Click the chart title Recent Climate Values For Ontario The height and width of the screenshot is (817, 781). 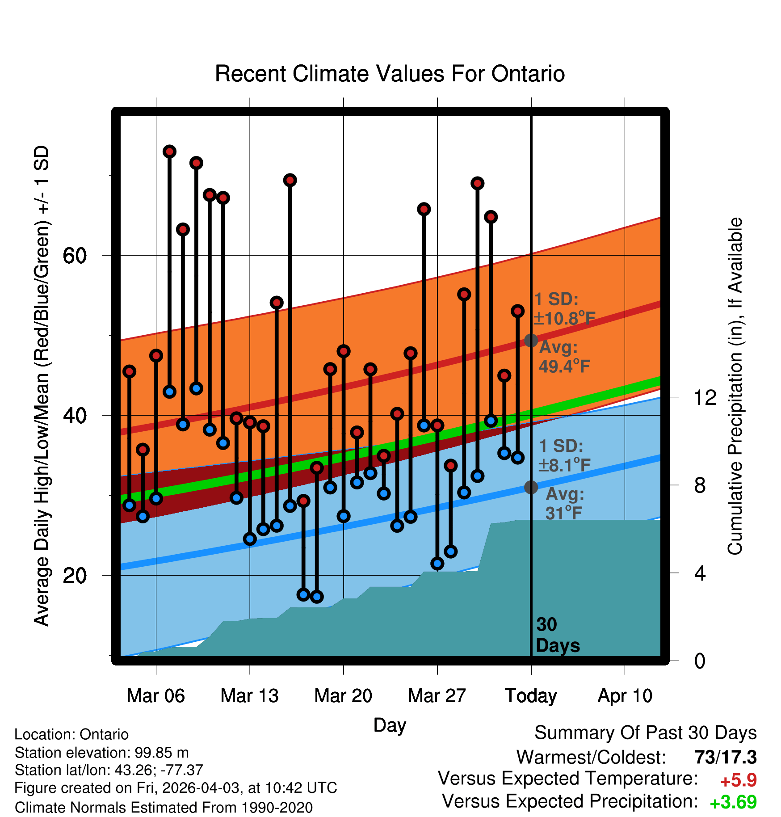[390, 74]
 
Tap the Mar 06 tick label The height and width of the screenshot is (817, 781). [155, 696]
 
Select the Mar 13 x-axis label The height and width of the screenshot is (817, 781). [249, 696]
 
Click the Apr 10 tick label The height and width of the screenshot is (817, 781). [625, 696]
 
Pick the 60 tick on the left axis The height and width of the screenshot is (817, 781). [75, 256]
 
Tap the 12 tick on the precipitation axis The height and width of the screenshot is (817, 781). [705, 397]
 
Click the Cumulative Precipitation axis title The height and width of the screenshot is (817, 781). [735, 386]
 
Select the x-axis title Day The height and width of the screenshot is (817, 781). [390, 725]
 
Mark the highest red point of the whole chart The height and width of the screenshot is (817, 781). [169, 152]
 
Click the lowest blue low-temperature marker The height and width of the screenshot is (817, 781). [317, 597]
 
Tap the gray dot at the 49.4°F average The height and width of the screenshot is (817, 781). [531, 341]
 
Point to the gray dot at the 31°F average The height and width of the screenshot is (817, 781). [531, 487]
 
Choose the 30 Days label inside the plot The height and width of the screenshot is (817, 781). [558, 635]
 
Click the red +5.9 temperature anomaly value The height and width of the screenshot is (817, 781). [739, 780]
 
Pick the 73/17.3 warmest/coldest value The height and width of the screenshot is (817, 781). [726, 757]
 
